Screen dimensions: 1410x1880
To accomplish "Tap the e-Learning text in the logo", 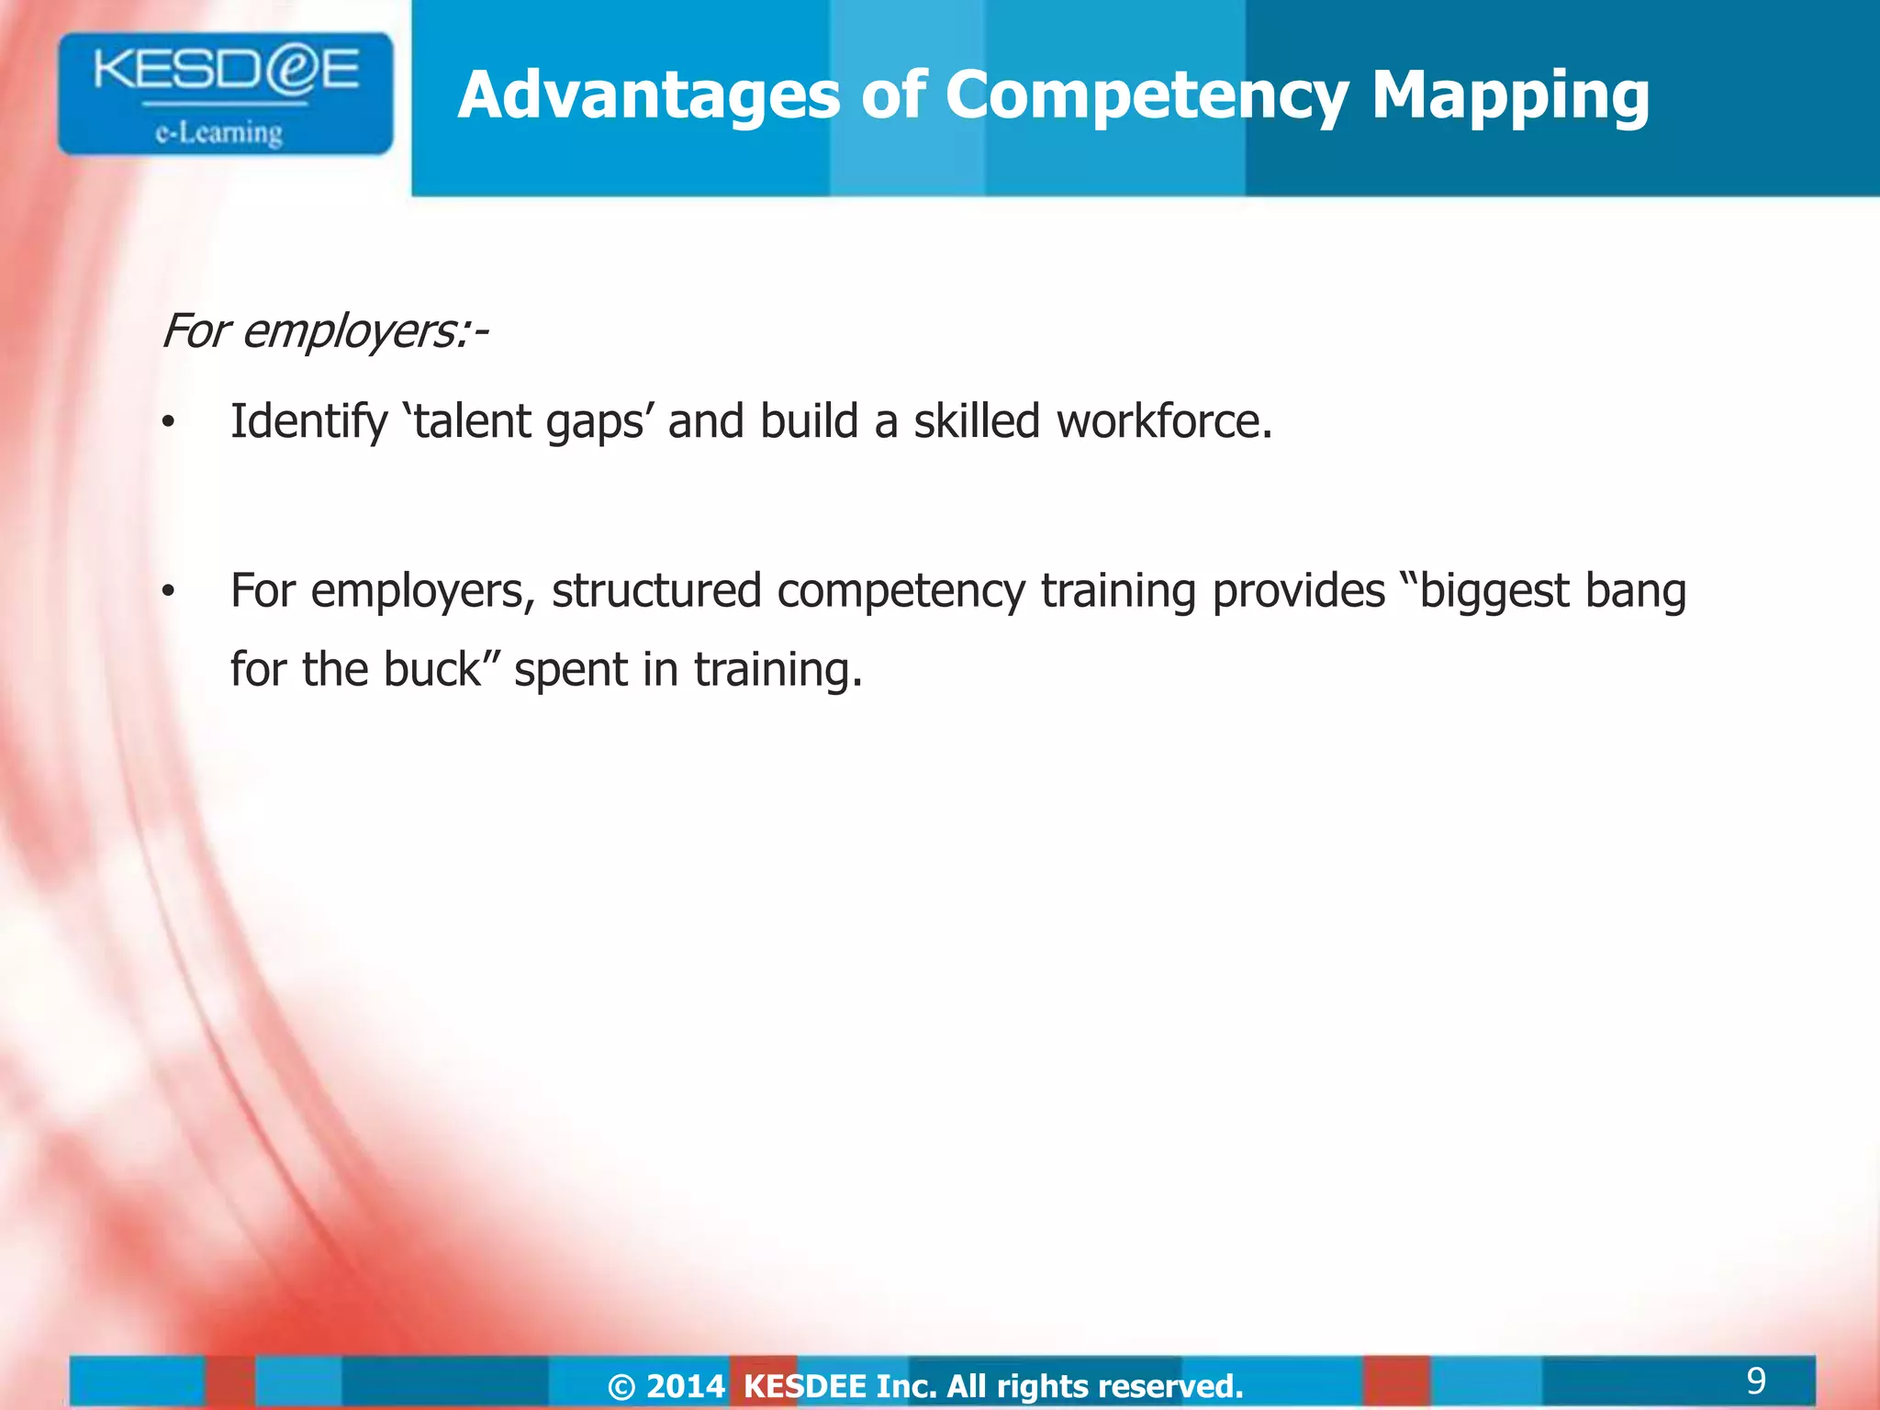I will (218, 133).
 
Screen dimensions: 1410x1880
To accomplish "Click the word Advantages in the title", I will (648, 95).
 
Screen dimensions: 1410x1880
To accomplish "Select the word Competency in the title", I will (1147, 97).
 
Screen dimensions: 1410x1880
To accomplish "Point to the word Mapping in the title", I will (1509, 97).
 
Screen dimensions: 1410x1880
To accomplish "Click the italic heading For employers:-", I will (324, 331).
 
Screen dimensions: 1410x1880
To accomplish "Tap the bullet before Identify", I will (167, 423).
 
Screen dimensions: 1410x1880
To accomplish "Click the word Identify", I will (308, 423).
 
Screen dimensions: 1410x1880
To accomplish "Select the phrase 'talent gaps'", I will (528, 423).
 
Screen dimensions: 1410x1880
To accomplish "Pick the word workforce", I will (1164, 421).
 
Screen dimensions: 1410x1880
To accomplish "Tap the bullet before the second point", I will (167, 593).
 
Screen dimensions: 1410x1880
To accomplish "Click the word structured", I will (656, 591).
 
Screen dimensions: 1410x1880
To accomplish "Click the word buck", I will (431, 669).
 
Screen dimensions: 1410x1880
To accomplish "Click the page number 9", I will (1755, 1381).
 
